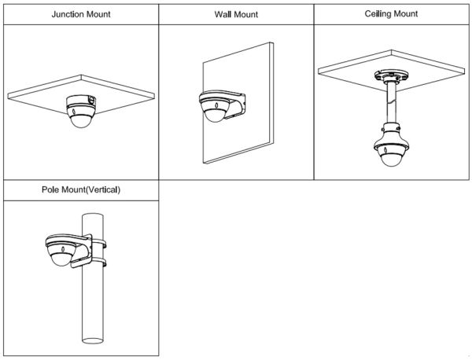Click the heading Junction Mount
(x=80, y=14)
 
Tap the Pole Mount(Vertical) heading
(x=80, y=190)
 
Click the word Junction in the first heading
(x=68, y=14)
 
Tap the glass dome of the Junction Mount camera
(x=80, y=119)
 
